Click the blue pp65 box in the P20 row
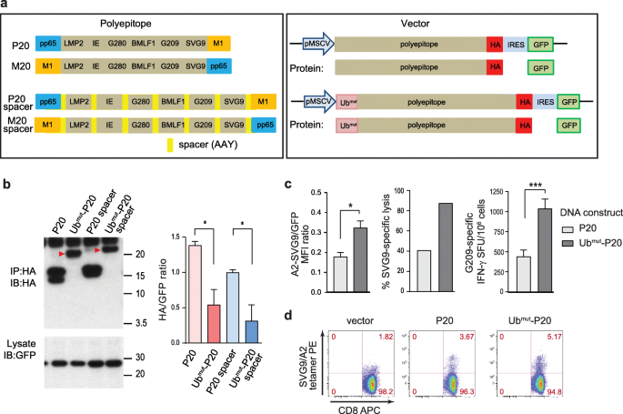pyautogui.click(x=47, y=43)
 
